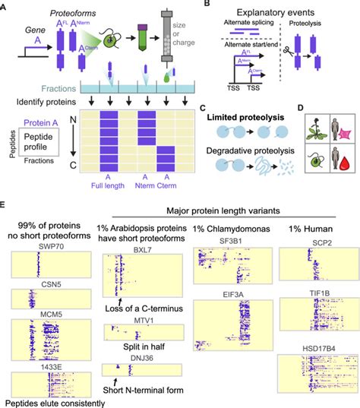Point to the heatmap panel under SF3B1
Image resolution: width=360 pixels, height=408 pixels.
click(x=232, y=269)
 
